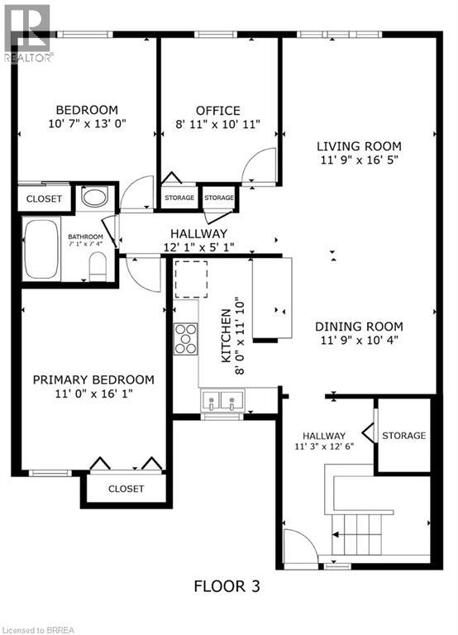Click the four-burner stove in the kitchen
(185, 338)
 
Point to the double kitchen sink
(223, 403)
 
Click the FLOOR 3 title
(227, 587)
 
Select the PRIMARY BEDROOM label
(93, 380)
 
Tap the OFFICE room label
(218, 111)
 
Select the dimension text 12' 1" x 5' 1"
(198, 248)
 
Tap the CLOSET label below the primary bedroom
(126, 489)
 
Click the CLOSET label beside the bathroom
(44, 198)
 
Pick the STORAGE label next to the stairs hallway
(403, 436)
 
